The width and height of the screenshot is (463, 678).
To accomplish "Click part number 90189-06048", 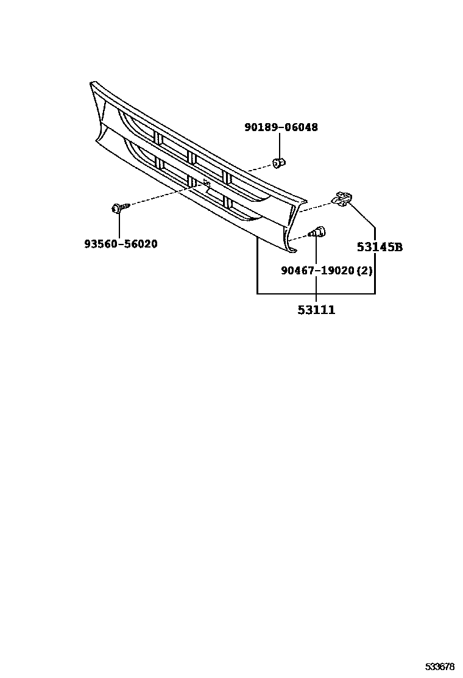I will [281, 127].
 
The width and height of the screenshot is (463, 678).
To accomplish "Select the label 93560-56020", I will [121, 244].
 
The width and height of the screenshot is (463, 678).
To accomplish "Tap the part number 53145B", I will [380, 247].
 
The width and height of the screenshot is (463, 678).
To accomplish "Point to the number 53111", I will [316, 310].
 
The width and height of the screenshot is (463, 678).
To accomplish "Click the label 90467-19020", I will [317, 270].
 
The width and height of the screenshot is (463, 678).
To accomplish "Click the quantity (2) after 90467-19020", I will [364, 270].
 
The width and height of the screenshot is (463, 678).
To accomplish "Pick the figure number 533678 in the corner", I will [439, 666].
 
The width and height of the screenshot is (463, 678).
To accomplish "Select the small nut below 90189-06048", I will [279, 163].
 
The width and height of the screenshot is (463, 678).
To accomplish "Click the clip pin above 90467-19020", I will [317, 232].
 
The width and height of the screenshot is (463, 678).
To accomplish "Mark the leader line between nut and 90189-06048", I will [279, 146].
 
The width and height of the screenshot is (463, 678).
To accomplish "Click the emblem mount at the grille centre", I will [207, 183].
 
